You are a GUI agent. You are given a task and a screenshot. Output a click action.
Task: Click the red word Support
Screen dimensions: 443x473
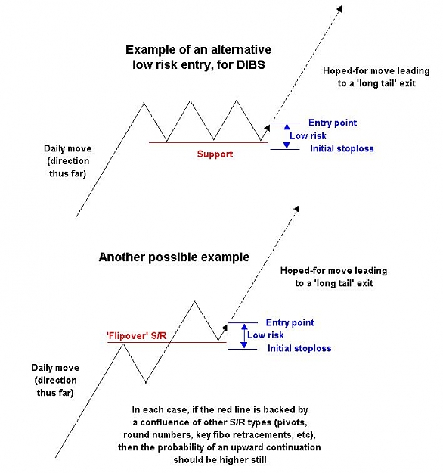click(215, 154)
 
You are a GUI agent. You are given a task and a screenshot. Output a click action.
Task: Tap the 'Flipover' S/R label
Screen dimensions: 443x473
click(137, 335)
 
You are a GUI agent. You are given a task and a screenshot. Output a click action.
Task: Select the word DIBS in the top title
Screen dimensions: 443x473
click(251, 64)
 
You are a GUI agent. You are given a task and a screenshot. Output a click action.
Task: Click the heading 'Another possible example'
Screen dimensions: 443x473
click(174, 257)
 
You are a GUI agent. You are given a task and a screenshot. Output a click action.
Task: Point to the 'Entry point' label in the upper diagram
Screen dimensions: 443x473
click(333, 123)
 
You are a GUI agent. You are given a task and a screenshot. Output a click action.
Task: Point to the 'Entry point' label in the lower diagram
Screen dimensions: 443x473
click(290, 322)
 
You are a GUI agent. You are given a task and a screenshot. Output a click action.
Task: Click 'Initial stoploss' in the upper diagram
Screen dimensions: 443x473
click(342, 148)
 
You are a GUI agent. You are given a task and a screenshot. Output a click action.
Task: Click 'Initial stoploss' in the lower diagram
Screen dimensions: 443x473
click(299, 348)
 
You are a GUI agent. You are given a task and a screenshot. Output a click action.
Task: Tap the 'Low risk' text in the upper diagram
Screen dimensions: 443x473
click(308, 135)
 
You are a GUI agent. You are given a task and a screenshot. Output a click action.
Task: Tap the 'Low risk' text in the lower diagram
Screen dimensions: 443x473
click(265, 335)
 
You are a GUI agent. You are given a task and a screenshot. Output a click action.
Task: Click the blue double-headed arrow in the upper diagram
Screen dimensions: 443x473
click(287, 136)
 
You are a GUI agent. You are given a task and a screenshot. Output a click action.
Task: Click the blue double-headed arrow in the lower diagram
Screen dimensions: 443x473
click(244, 336)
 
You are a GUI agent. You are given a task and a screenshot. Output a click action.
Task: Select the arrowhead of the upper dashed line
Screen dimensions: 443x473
click(340, 8)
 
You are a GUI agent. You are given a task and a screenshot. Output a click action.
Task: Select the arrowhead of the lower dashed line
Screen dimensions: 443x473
click(297, 208)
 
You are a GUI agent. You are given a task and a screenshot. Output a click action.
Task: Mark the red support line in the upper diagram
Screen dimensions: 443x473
click(208, 142)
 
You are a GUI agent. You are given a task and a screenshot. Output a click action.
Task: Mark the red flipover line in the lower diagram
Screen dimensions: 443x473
click(166, 342)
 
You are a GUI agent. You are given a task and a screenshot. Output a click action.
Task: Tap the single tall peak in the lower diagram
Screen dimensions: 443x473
click(195, 302)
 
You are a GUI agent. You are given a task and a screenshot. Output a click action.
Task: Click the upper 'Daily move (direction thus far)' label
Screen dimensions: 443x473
click(68, 161)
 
